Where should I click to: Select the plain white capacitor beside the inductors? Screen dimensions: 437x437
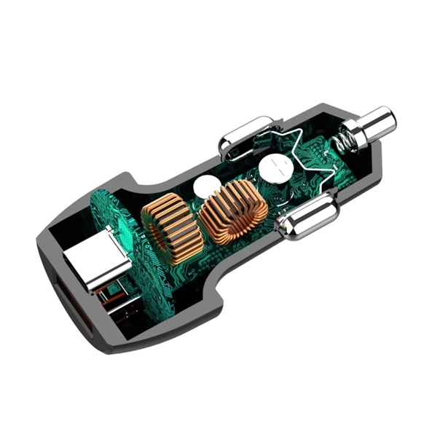[205, 186]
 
